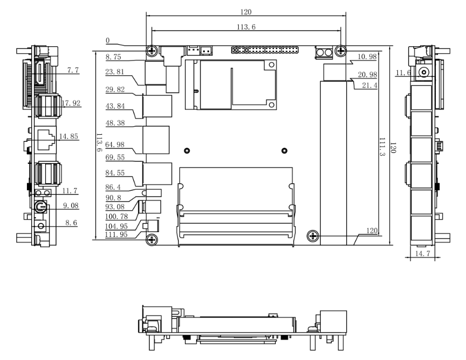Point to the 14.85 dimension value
pyautogui.click(x=69, y=136)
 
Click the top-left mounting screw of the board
pyautogui.click(x=152, y=51)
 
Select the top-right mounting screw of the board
pyautogui.click(x=340, y=51)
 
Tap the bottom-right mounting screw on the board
pyautogui.click(x=313, y=235)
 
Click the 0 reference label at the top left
pyautogui.click(x=108, y=40)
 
